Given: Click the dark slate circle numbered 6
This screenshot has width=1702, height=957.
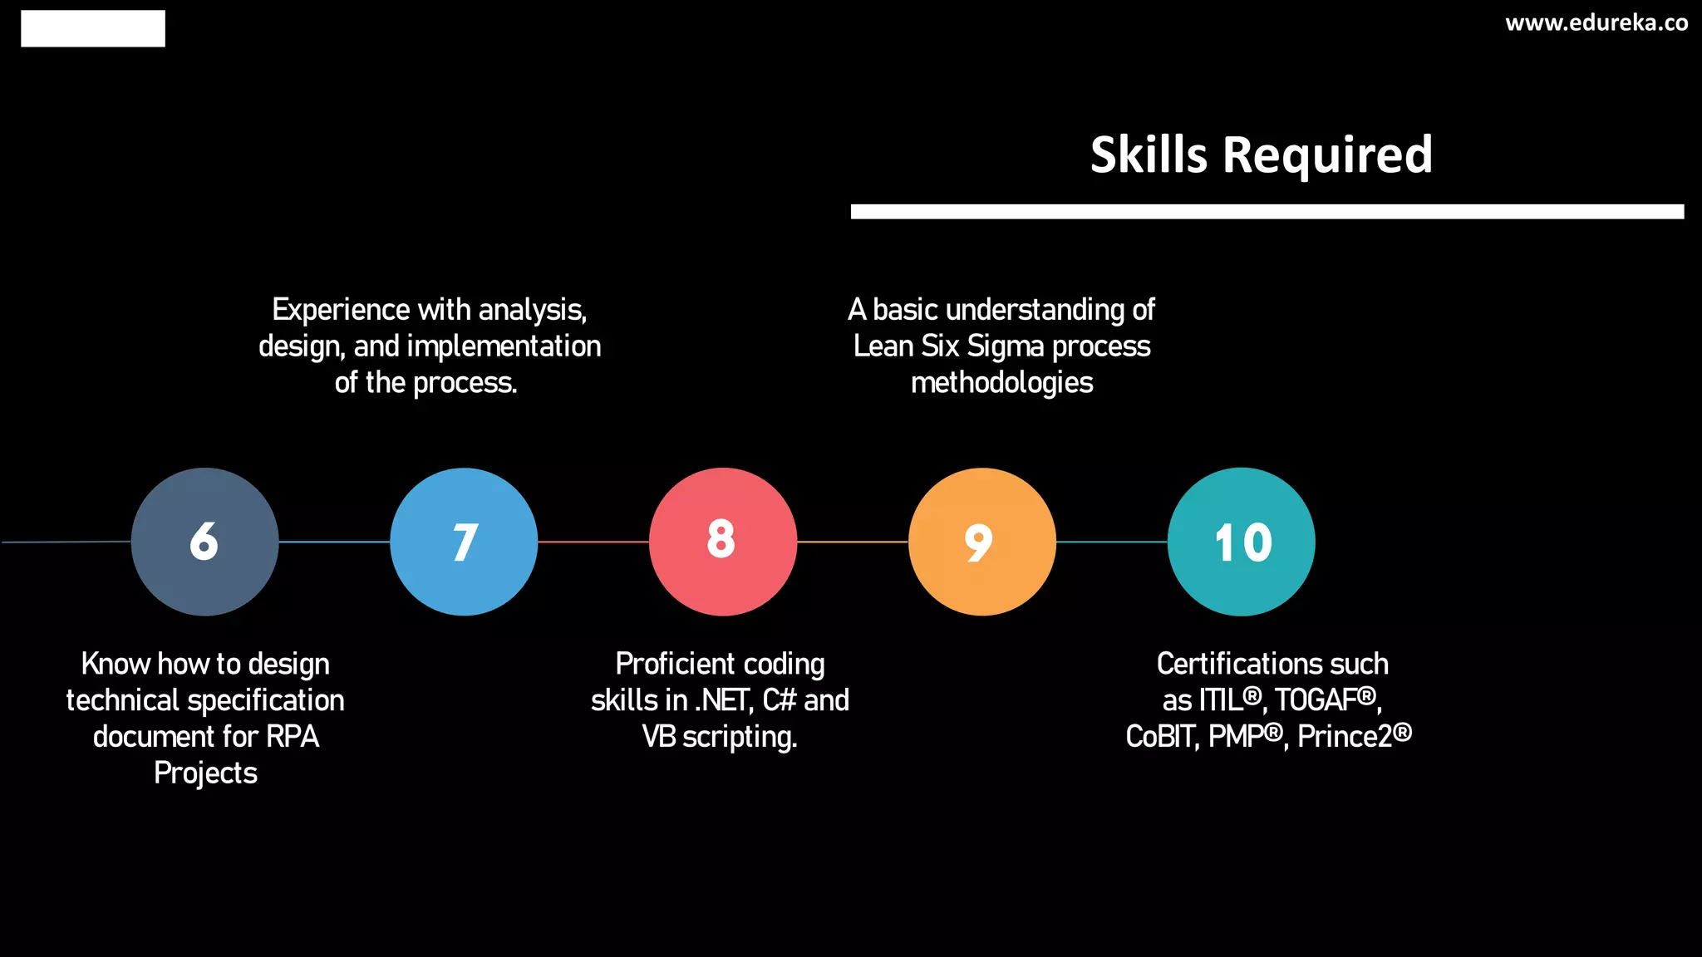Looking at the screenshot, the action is pos(204,542).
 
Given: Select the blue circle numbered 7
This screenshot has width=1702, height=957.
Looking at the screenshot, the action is pos(464,542).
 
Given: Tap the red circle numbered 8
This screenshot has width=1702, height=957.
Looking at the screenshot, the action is pos(723,542).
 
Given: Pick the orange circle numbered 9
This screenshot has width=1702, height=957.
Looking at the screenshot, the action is pos(982,542).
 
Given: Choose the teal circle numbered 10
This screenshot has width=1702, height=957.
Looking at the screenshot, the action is pos(1242,542).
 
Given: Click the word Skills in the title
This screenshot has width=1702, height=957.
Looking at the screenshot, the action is pos(1149,155).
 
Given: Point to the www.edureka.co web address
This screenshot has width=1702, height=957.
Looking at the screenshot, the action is pos(1596,23).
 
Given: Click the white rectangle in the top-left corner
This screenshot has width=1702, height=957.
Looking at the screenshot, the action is pos(93,28).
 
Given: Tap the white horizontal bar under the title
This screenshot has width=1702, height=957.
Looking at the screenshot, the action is pos(1267,212).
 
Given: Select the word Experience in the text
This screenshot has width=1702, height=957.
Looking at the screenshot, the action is pos(341,310).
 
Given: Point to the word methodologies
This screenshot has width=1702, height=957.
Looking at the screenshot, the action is pos(1001,383).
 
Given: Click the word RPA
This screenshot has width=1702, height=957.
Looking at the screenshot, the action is pos(293,737).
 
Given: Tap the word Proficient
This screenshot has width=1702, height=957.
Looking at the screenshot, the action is pos(675,664).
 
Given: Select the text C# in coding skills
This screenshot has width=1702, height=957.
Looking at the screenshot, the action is pos(780,700).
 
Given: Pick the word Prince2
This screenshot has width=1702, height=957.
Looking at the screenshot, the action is pos(1345,737).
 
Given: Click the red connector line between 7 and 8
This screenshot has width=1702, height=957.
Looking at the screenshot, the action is pos(593,542).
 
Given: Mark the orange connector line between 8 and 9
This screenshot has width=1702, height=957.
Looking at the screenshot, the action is pos(853,542).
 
